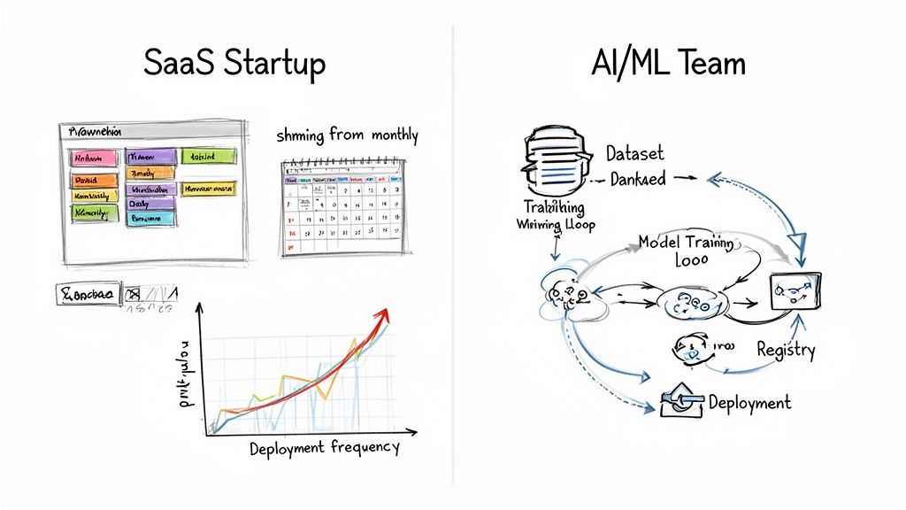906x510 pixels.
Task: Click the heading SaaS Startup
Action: [234, 64]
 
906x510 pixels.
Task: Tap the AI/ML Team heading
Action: [668, 64]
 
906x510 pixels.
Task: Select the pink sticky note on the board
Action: [94, 158]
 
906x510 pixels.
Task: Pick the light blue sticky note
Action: [150, 219]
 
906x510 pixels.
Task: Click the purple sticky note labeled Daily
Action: [150, 204]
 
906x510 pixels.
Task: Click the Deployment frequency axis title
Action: [324, 447]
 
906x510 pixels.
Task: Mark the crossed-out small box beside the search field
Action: [134, 294]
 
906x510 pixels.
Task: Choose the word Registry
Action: [786, 350]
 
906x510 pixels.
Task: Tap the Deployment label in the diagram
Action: [749, 403]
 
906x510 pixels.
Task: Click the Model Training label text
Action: [687, 241]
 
